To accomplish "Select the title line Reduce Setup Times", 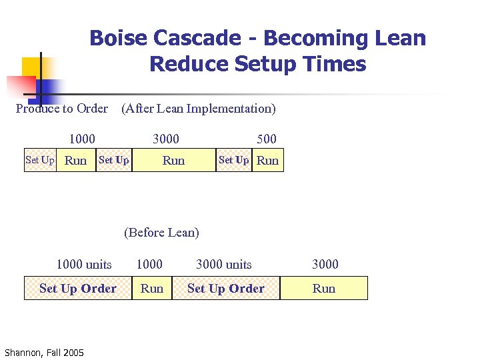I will pos(258,64).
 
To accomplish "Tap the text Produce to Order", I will pos(61,108).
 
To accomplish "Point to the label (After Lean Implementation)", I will pos(198,108).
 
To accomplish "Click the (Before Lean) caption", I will pos(161,232).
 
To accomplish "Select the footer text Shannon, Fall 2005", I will pos(44,352).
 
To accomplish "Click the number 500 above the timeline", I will pos(267,139).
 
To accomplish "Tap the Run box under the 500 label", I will pos(268,160).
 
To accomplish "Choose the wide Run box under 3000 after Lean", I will pos(174,160).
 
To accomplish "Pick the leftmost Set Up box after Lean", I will pos(40,160).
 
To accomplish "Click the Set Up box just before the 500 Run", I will pos(234,160).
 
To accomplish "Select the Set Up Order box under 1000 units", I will pos(78,289).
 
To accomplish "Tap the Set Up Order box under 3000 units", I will pos(226,289).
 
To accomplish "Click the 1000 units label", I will pos(84,264).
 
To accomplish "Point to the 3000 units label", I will pos(224,264).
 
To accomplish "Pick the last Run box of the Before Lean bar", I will pos(324,289).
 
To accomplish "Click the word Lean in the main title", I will pos(398,38).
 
